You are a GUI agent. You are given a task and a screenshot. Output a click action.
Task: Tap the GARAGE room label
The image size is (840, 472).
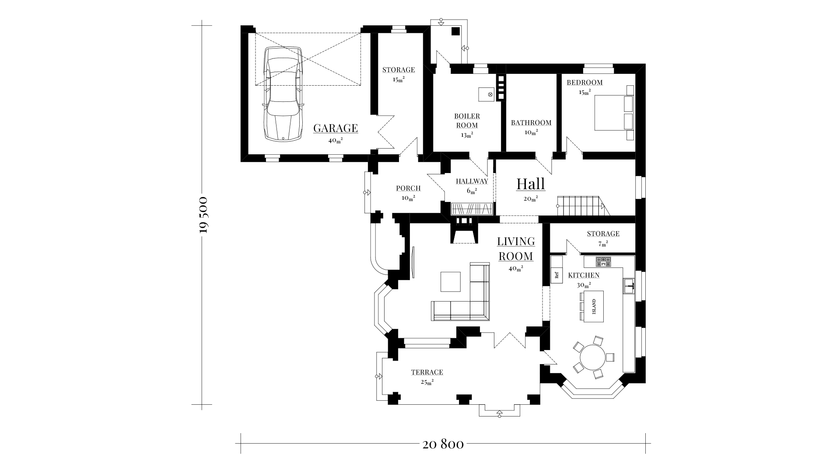[336, 128]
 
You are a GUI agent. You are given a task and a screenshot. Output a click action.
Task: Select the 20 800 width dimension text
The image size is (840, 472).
[443, 444]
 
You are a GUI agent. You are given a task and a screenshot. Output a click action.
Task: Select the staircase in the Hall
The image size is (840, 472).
[581, 206]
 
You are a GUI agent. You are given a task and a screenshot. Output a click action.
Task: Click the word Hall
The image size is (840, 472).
[531, 184]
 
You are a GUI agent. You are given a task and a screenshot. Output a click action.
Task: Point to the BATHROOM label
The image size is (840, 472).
[531, 123]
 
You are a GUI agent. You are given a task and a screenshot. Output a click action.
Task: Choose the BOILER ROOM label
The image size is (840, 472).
[467, 121]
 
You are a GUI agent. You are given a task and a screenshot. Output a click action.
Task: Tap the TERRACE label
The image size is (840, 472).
[427, 372]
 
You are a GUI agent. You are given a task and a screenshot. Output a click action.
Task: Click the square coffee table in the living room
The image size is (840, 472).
[450, 281]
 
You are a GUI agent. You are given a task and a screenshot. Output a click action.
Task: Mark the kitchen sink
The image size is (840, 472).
[629, 286]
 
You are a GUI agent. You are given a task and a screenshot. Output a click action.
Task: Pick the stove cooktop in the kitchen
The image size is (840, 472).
[603, 261]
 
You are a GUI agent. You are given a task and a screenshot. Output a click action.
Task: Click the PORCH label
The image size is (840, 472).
[408, 188]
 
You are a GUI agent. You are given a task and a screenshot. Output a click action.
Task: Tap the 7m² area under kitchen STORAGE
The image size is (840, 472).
[603, 244]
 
